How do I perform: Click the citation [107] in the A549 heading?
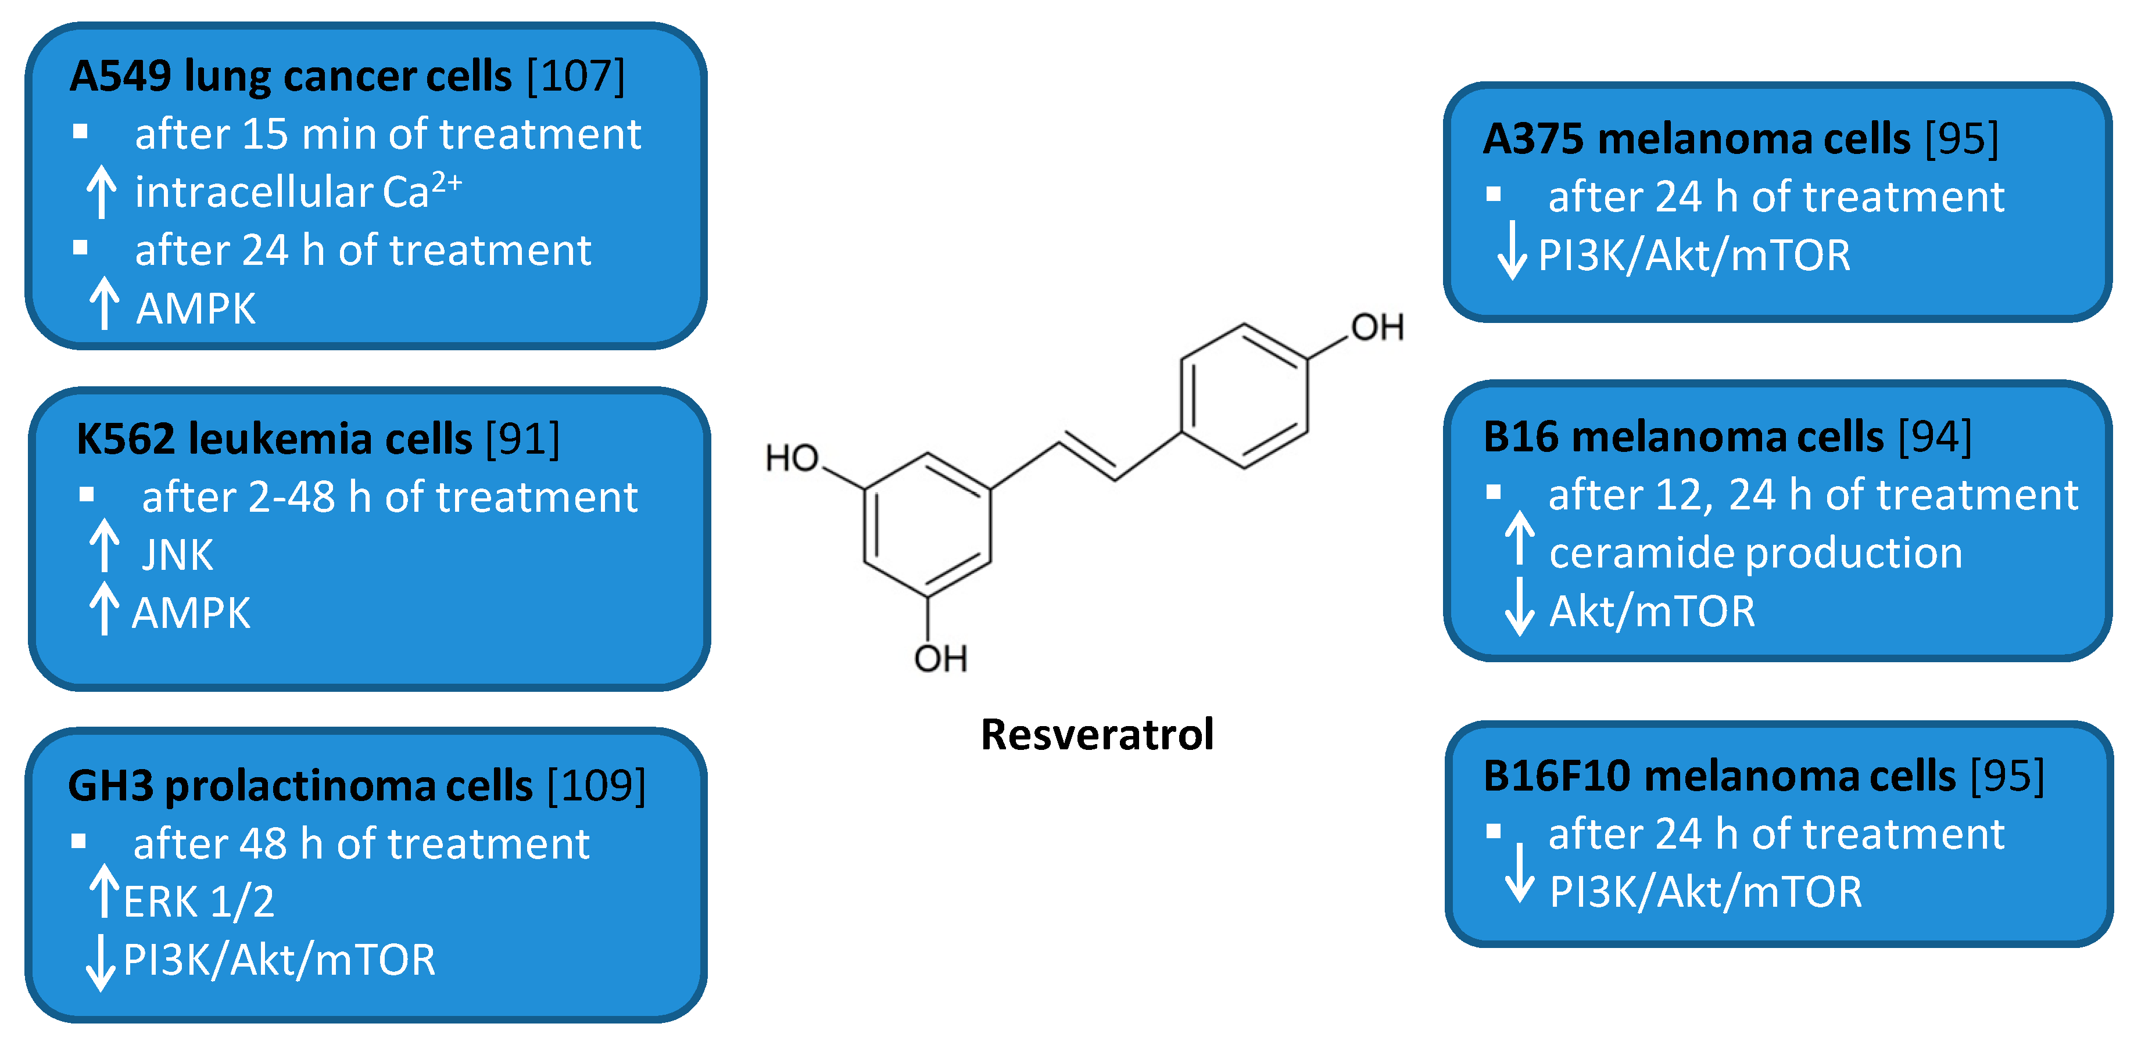point(575,76)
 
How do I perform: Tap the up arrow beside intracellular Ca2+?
point(101,191)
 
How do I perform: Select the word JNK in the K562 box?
point(177,555)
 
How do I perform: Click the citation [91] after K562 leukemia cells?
point(522,439)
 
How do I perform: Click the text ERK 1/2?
point(199,902)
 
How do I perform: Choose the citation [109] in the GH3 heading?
point(596,785)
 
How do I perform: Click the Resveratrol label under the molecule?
point(1096,734)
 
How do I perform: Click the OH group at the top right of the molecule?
point(1377,328)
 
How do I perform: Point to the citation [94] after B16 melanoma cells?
point(1934,437)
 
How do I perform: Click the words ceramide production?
point(1756,553)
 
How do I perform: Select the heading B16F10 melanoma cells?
point(1719,777)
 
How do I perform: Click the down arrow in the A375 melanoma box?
point(1512,250)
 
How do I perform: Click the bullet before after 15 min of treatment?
point(80,132)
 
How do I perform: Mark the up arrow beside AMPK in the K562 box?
point(103,609)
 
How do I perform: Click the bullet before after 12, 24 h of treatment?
point(1493,493)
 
